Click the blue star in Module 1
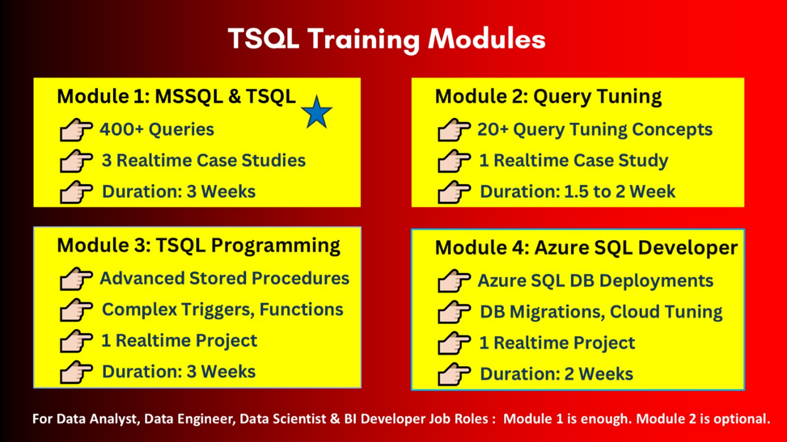point(316,112)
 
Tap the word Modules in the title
point(487,38)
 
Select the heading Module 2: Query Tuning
point(548,97)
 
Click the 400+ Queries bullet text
point(157,129)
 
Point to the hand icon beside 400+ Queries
point(76,130)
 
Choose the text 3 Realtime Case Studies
point(204,161)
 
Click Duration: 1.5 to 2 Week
point(578,192)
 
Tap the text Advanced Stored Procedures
point(225,279)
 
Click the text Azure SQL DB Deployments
point(596,281)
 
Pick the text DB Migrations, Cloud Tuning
point(601,312)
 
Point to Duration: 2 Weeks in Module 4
point(557,374)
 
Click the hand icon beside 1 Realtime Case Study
point(454,161)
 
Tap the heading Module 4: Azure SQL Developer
point(586,248)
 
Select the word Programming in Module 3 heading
point(275,245)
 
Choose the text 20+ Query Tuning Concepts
point(595,130)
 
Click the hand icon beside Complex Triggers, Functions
point(76,310)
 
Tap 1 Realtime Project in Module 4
point(557,343)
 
